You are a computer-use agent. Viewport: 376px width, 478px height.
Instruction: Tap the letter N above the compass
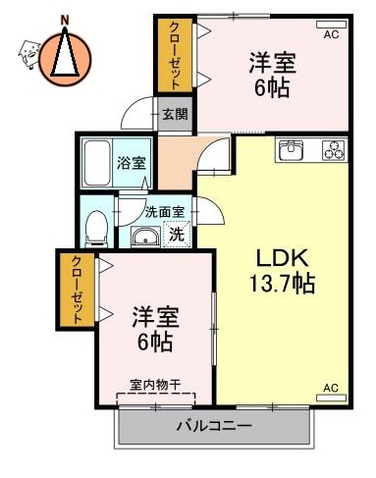pyautogui.click(x=65, y=19)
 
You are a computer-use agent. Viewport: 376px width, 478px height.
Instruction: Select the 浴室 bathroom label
pyautogui.click(x=132, y=161)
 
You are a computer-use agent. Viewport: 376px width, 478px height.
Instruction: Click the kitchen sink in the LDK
pyautogui.click(x=293, y=150)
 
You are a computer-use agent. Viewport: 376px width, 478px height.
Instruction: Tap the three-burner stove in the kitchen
pyautogui.click(x=332, y=150)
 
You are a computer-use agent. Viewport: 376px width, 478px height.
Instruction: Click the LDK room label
pyautogui.click(x=283, y=259)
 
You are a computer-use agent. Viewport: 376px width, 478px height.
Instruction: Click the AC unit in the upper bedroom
pyautogui.click(x=332, y=32)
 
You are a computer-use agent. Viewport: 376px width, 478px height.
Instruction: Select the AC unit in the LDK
pyautogui.click(x=330, y=389)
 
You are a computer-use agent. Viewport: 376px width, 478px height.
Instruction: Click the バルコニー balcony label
pyautogui.click(x=214, y=426)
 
